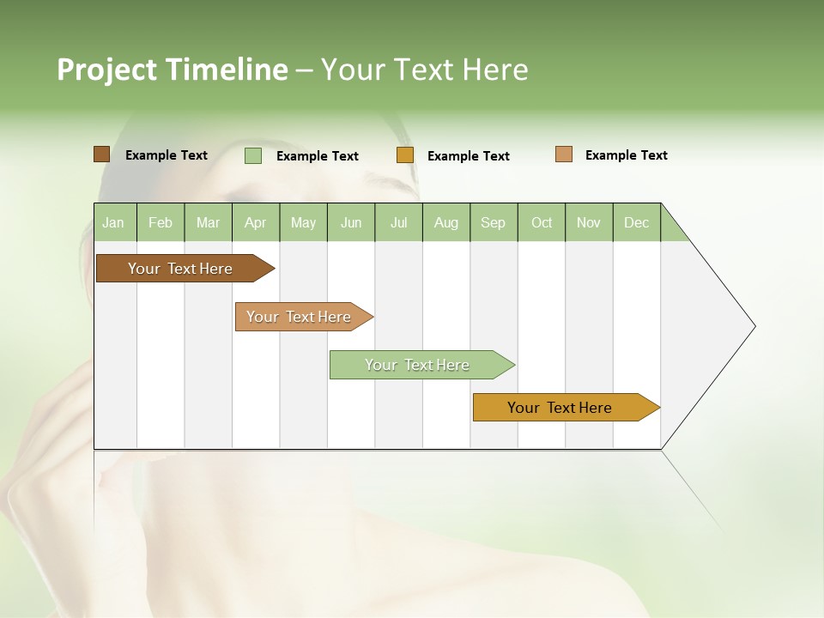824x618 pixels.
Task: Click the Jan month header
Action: click(x=113, y=222)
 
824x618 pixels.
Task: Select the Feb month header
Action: click(x=161, y=222)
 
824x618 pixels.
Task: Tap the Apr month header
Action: click(x=255, y=222)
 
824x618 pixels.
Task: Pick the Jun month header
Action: click(x=351, y=222)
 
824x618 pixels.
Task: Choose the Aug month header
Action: click(x=445, y=222)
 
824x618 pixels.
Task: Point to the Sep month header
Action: click(x=493, y=222)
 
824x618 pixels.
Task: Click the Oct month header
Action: click(x=542, y=222)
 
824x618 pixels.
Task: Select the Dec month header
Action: click(x=636, y=222)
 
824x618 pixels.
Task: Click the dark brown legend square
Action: click(x=101, y=154)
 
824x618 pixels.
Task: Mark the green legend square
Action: click(x=252, y=155)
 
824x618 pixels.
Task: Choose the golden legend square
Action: click(x=405, y=155)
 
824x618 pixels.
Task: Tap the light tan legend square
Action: click(x=563, y=154)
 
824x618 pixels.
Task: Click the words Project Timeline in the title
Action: click(x=173, y=70)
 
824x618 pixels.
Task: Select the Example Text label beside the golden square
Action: click(x=468, y=156)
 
